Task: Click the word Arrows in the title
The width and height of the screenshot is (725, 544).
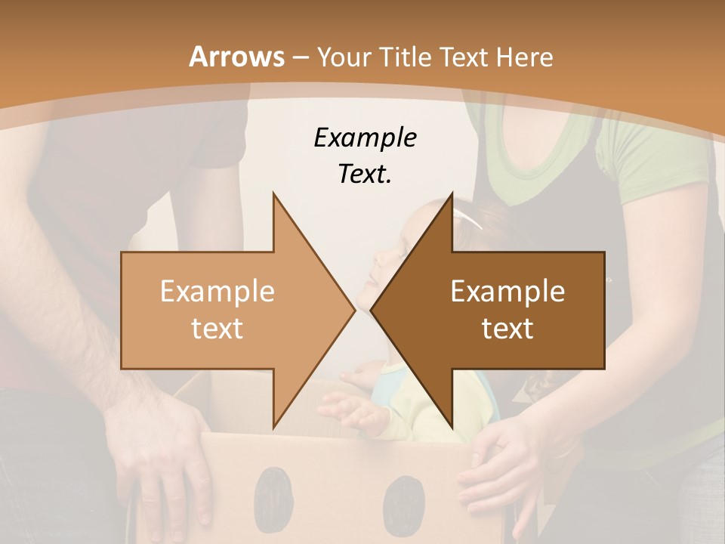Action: click(x=236, y=57)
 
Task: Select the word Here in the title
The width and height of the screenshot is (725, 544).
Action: click(x=525, y=57)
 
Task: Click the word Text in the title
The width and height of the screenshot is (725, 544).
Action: click(x=465, y=57)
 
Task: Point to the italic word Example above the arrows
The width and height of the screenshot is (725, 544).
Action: click(x=365, y=138)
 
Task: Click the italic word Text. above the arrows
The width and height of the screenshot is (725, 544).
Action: click(x=365, y=175)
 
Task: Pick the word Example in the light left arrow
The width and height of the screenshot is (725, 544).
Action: click(x=217, y=292)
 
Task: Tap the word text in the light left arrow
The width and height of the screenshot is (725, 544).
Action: click(x=217, y=329)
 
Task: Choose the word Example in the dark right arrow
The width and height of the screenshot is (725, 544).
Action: click(x=507, y=292)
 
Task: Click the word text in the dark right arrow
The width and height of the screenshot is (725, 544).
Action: click(x=507, y=329)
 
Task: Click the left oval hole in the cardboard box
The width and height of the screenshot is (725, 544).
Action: click(x=272, y=495)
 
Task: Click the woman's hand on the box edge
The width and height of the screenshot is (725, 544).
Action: click(x=498, y=468)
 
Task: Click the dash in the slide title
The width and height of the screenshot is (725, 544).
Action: click(x=300, y=57)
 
